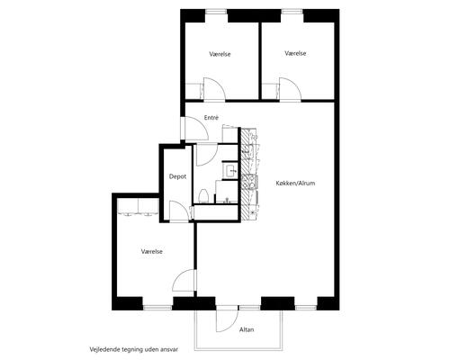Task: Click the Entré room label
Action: [x=211, y=118]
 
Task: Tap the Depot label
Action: [x=177, y=176]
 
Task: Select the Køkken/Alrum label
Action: [x=295, y=183]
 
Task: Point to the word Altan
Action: [x=247, y=329]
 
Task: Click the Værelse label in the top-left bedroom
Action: [x=220, y=54]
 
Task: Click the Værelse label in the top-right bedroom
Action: [x=295, y=53]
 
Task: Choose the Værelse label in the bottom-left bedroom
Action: [x=152, y=251]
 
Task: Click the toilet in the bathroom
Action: [x=203, y=196]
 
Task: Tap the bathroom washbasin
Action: [x=230, y=172]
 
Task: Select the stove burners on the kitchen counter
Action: [x=249, y=182]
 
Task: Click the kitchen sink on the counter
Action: [x=250, y=149]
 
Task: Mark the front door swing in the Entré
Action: [x=196, y=129]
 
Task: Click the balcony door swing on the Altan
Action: [x=227, y=320]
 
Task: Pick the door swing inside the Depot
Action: [x=179, y=211]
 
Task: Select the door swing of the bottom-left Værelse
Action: [x=184, y=280]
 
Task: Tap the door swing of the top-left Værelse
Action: [x=214, y=88]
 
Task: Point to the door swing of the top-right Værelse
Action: [x=290, y=88]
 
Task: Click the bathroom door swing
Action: [x=207, y=155]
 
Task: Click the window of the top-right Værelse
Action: [x=292, y=12]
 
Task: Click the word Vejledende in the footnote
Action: [x=104, y=349]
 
